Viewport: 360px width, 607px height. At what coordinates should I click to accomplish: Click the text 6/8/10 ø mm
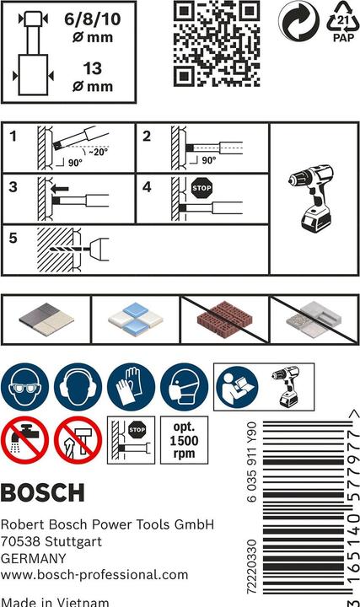pyautogui.click(x=88, y=24)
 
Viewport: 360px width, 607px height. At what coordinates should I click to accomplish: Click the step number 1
pyautogui.click(x=13, y=137)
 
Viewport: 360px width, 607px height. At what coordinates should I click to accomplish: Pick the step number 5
pyautogui.click(x=13, y=239)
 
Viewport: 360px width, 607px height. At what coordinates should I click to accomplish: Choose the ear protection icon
pyautogui.click(x=78, y=387)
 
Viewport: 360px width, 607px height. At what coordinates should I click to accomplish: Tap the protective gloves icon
pyautogui.click(x=131, y=387)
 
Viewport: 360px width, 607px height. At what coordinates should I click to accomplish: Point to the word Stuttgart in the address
pyautogui.click(x=82, y=541)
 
